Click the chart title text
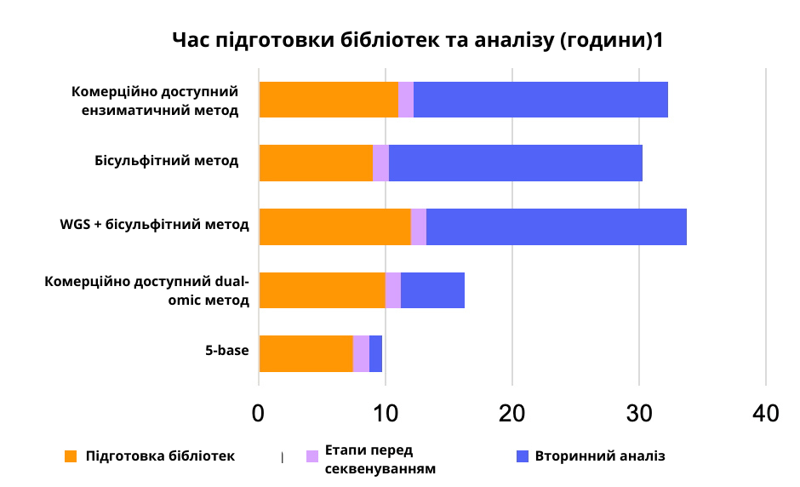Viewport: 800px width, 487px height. [417, 40]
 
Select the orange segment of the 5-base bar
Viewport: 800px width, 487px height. [306, 353]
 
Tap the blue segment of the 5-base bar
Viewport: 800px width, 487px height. [375, 353]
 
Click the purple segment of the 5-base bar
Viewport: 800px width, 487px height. [361, 353]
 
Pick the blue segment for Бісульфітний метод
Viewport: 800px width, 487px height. [515, 163]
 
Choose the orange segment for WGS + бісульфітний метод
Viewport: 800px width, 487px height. [334, 226]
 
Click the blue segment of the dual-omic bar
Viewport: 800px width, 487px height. [432, 290]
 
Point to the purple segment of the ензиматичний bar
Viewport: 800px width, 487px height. [406, 100]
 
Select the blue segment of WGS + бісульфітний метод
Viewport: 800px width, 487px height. [556, 226]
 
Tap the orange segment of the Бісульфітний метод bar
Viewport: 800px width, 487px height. [316, 163]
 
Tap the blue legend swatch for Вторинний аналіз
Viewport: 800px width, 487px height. [523, 456]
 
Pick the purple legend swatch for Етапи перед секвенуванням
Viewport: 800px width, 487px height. [311, 456]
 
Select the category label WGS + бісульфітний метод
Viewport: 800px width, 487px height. [154, 226]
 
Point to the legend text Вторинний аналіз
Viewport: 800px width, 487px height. [600, 456]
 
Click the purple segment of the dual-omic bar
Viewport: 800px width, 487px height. [392, 290]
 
